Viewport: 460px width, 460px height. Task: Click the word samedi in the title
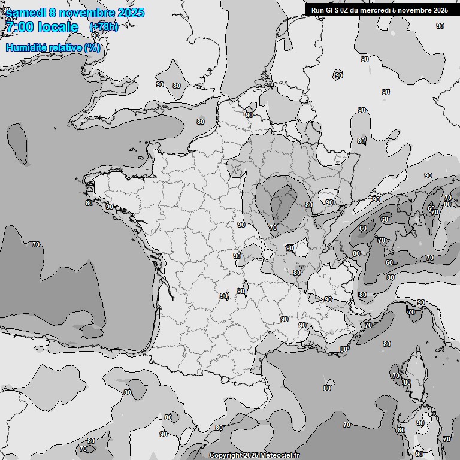click(x=25, y=13)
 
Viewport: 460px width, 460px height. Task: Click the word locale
click(x=58, y=27)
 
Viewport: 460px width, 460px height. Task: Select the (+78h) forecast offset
click(x=104, y=27)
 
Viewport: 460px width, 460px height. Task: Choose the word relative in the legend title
click(x=65, y=47)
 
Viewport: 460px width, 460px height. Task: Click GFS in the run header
click(x=334, y=10)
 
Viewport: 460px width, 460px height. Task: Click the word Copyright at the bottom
click(x=225, y=456)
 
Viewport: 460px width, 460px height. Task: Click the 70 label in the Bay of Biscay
click(x=36, y=244)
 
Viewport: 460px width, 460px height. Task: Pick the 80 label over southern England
click(x=176, y=86)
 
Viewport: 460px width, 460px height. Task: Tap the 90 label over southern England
click(x=160, y=84)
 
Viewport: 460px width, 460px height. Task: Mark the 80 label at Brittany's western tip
click(x=89, y=203)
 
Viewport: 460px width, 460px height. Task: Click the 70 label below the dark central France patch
click(x=273, y=228)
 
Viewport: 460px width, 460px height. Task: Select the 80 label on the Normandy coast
click(x=200, y=122)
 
